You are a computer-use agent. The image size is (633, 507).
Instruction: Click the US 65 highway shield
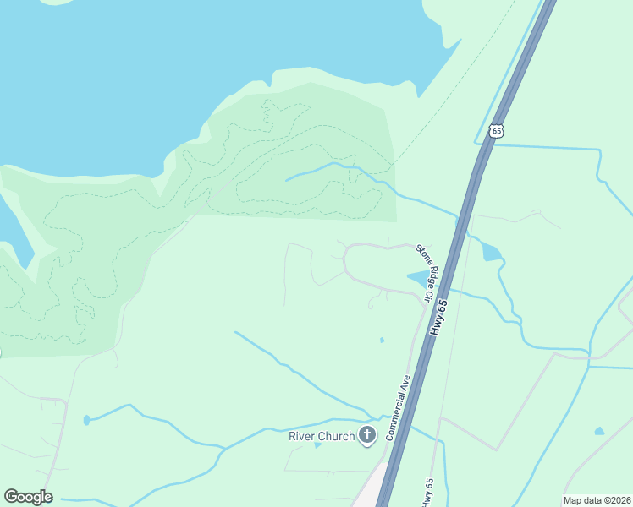[x=496, y=129]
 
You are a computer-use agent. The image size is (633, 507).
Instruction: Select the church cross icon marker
[x=367, y=436]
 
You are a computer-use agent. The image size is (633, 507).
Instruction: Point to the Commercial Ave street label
[x=398, y=406]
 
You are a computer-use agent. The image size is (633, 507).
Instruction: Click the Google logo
[x=28, y=497]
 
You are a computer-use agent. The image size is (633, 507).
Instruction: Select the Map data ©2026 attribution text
[x=597, y=500]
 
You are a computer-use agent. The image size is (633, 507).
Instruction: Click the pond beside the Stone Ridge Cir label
[x=416, y=278]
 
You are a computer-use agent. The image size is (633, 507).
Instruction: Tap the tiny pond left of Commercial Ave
[x=382, y=341]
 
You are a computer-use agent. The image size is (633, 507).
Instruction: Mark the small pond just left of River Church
[x=317, y=444]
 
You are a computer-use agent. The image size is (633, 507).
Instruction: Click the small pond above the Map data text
[x=599, y=431]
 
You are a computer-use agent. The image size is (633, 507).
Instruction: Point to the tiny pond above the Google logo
[x=86, y=420]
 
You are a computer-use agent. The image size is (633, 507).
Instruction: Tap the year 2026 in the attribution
[x=617, y=500]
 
